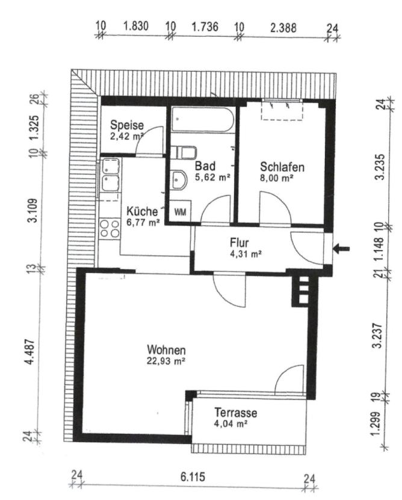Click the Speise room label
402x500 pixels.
pyautogui.click(x=127, y=125)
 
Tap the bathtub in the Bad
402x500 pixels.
pyautogui.click(x=203, y=120)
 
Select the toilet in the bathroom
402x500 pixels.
pyautogui.click(x=183, y=152)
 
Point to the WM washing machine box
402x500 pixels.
pyautogui.click(x=180, y=211)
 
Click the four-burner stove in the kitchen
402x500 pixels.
pyautogui.click(x=110, y=229)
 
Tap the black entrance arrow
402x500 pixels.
pyautogui.click(x=341, y=248)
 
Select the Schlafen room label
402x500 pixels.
pyautogui.click(x=282, y=167)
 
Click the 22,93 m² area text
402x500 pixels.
pyautogui.click(x=166, y=361)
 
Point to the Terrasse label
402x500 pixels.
pyautogui.click(x=235, y=413)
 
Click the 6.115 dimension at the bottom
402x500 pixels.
pyautogui.click(x=193, y=477)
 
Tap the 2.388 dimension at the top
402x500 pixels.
pyautogui.click(x=283, y=28)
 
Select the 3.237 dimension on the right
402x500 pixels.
pyautogui.click(x=379, y=336)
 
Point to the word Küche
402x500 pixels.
pyautogui.click(x=142, y=211)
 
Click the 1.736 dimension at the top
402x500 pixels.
pyautogui.click(x=205, y=27)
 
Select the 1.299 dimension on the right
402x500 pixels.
pyautogui.click(x=377, y=423)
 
